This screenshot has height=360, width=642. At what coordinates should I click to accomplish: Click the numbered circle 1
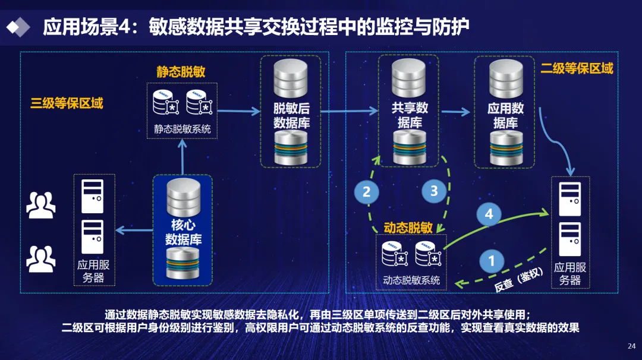click(491, 261)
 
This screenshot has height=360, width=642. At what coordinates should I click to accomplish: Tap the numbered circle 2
click(366, 191)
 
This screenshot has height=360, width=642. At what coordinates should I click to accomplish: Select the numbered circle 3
click(434, 191)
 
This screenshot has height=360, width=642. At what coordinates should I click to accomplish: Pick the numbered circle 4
click(489, 214)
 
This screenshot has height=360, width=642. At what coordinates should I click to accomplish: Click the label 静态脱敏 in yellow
click(181, 72)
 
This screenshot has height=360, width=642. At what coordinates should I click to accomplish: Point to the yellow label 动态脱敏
click(408, 228)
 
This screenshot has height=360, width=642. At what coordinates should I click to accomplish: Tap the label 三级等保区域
click(67, 103)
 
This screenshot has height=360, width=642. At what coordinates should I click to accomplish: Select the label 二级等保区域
click(576, 68)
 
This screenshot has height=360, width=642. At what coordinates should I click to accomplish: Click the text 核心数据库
click(183, 232)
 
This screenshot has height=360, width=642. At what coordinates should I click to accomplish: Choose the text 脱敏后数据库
click(291, 116)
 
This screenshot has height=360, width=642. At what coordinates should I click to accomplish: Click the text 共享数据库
click(409, 116)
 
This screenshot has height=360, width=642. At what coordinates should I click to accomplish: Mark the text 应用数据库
click(505, 116)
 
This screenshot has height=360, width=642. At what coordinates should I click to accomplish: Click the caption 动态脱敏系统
click(411, 280)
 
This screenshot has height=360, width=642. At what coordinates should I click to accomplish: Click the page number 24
click(631, 346)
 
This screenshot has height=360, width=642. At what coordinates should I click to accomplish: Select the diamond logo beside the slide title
click(18, 26)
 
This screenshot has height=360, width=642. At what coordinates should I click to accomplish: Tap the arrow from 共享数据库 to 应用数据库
click(456, 110)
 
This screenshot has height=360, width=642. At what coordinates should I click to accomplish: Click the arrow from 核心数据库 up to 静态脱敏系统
click(182, 157)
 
